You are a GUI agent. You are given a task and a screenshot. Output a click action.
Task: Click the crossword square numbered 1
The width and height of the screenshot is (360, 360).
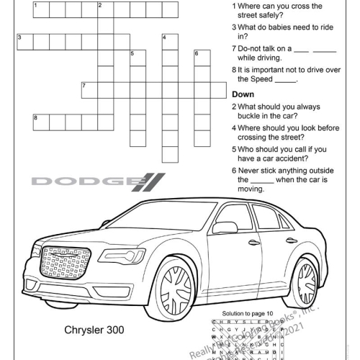point(40,9)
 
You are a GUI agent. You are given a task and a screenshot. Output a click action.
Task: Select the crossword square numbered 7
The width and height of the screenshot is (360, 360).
point(89,90)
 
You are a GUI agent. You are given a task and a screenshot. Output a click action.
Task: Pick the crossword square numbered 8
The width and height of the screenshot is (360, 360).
point(40,122)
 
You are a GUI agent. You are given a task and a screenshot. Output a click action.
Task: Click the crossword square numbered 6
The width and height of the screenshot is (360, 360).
point(202,58)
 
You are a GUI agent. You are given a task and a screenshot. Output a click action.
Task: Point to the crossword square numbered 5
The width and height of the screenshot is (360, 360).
point(138,58)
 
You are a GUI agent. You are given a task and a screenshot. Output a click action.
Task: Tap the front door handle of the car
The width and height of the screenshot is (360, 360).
point(254,243)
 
